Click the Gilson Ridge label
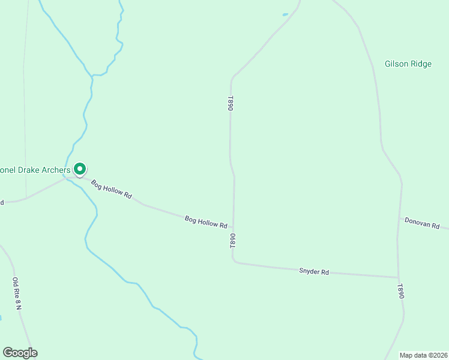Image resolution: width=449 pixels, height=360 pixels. (408, 64)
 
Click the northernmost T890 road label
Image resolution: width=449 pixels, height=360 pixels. (230, 103)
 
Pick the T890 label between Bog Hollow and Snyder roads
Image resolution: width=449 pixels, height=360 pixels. (232, 242)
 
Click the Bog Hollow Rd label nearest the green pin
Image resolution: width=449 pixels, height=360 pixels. (112, 189)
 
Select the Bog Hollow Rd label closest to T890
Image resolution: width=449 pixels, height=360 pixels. (206, 222)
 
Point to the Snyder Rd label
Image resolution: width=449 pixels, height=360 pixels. (314, 272)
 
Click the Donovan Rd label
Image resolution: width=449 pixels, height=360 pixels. (422, 223)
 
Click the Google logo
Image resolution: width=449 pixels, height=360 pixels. (20, 353)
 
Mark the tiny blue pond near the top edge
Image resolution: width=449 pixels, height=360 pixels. (285, 14)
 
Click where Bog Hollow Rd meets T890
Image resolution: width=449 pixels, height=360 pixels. (233, 228)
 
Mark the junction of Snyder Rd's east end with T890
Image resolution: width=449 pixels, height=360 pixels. (397, 278)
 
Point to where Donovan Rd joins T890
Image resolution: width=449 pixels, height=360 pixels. (399, 218)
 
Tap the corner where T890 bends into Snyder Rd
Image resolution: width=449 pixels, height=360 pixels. (234, 262)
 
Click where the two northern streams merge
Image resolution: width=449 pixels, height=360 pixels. (92, 76)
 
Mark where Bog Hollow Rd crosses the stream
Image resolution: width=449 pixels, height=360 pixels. (67, 178)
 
